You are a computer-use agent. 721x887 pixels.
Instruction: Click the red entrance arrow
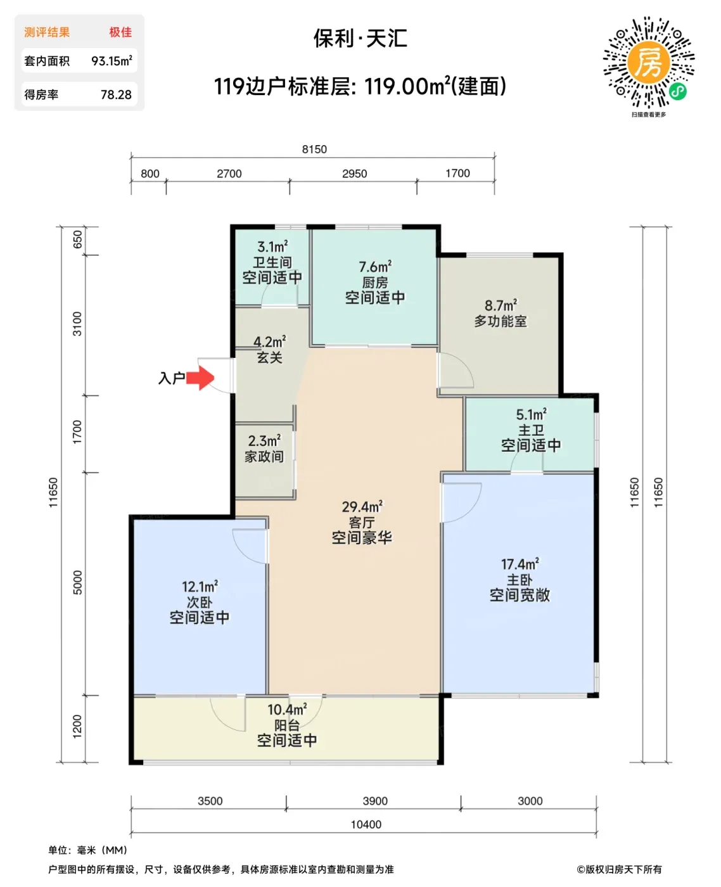200,378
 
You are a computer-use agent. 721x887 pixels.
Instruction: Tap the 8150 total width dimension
314,149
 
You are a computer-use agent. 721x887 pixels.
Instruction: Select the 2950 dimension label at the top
355,173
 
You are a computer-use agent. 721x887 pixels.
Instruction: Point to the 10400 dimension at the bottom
366,824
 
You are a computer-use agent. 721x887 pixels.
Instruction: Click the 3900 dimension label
375,801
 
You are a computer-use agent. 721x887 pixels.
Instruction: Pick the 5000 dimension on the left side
77,582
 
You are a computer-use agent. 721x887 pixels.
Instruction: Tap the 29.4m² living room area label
362,507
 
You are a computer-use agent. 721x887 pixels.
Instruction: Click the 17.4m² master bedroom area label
520,565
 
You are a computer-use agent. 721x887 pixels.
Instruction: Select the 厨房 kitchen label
375,283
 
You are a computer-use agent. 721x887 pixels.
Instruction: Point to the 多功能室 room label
501,321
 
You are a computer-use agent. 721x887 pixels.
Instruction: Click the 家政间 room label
264,456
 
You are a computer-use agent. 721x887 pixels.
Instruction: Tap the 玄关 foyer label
270,357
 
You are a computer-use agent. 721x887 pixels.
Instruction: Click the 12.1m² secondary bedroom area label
200,587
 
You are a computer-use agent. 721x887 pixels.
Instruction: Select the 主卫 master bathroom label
531,430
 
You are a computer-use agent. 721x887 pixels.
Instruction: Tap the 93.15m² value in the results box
112,61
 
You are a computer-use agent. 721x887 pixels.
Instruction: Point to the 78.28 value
116,95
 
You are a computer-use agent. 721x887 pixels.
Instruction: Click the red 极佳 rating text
121,32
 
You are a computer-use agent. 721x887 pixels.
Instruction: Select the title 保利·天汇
360,38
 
